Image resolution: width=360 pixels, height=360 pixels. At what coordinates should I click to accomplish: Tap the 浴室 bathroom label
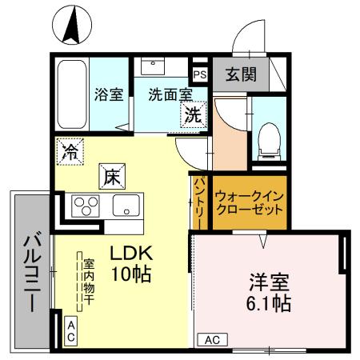(109, 94)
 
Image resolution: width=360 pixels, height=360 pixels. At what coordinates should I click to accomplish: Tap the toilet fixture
(270, 141)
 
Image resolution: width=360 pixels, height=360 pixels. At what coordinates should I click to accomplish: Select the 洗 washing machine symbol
(194, 114)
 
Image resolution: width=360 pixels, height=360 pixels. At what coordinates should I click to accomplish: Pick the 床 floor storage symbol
(110, 176)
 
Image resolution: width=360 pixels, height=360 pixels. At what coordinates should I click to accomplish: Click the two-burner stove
(84, 206)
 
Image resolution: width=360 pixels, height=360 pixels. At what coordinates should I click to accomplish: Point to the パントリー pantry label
(198, 202)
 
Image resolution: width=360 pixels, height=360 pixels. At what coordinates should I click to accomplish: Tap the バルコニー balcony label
(30, 272)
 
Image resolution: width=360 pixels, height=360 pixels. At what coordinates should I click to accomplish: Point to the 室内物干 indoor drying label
(90, 280)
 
